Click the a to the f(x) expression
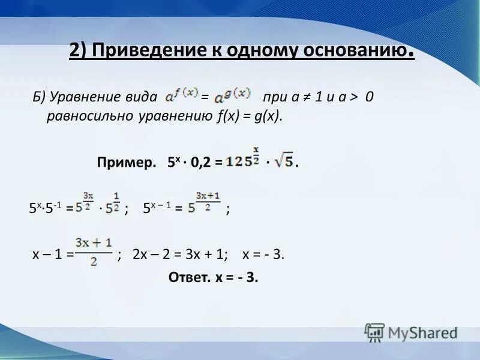pos(179,95)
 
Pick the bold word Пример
pos(124,162)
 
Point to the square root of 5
pos(283,161)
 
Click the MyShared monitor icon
pos(374,332)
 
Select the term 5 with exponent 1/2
pos(113,205)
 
